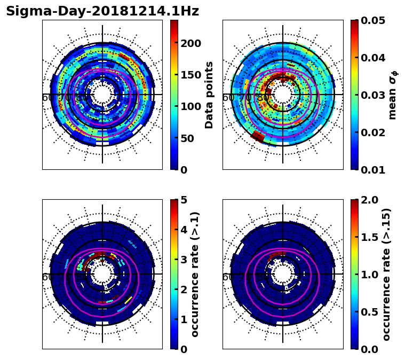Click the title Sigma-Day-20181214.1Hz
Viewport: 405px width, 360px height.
[x=102, y=11]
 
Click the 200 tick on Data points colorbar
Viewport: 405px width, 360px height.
[x=190, y=43]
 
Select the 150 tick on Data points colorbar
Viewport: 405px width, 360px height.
[x=190, y=75]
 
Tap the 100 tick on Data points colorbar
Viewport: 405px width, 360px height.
[x=190, y=106]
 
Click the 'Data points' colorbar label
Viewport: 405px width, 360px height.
[x=209, y=95]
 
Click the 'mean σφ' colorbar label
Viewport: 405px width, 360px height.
[x=393, y=95]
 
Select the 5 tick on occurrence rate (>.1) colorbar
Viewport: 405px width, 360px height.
[x=184, y=200]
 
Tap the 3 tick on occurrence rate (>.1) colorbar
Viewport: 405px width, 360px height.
[x=184, y=260]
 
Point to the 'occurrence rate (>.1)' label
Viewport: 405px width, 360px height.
[x=195, y=274]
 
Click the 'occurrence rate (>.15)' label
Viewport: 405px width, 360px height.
[x=386, y=274]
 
